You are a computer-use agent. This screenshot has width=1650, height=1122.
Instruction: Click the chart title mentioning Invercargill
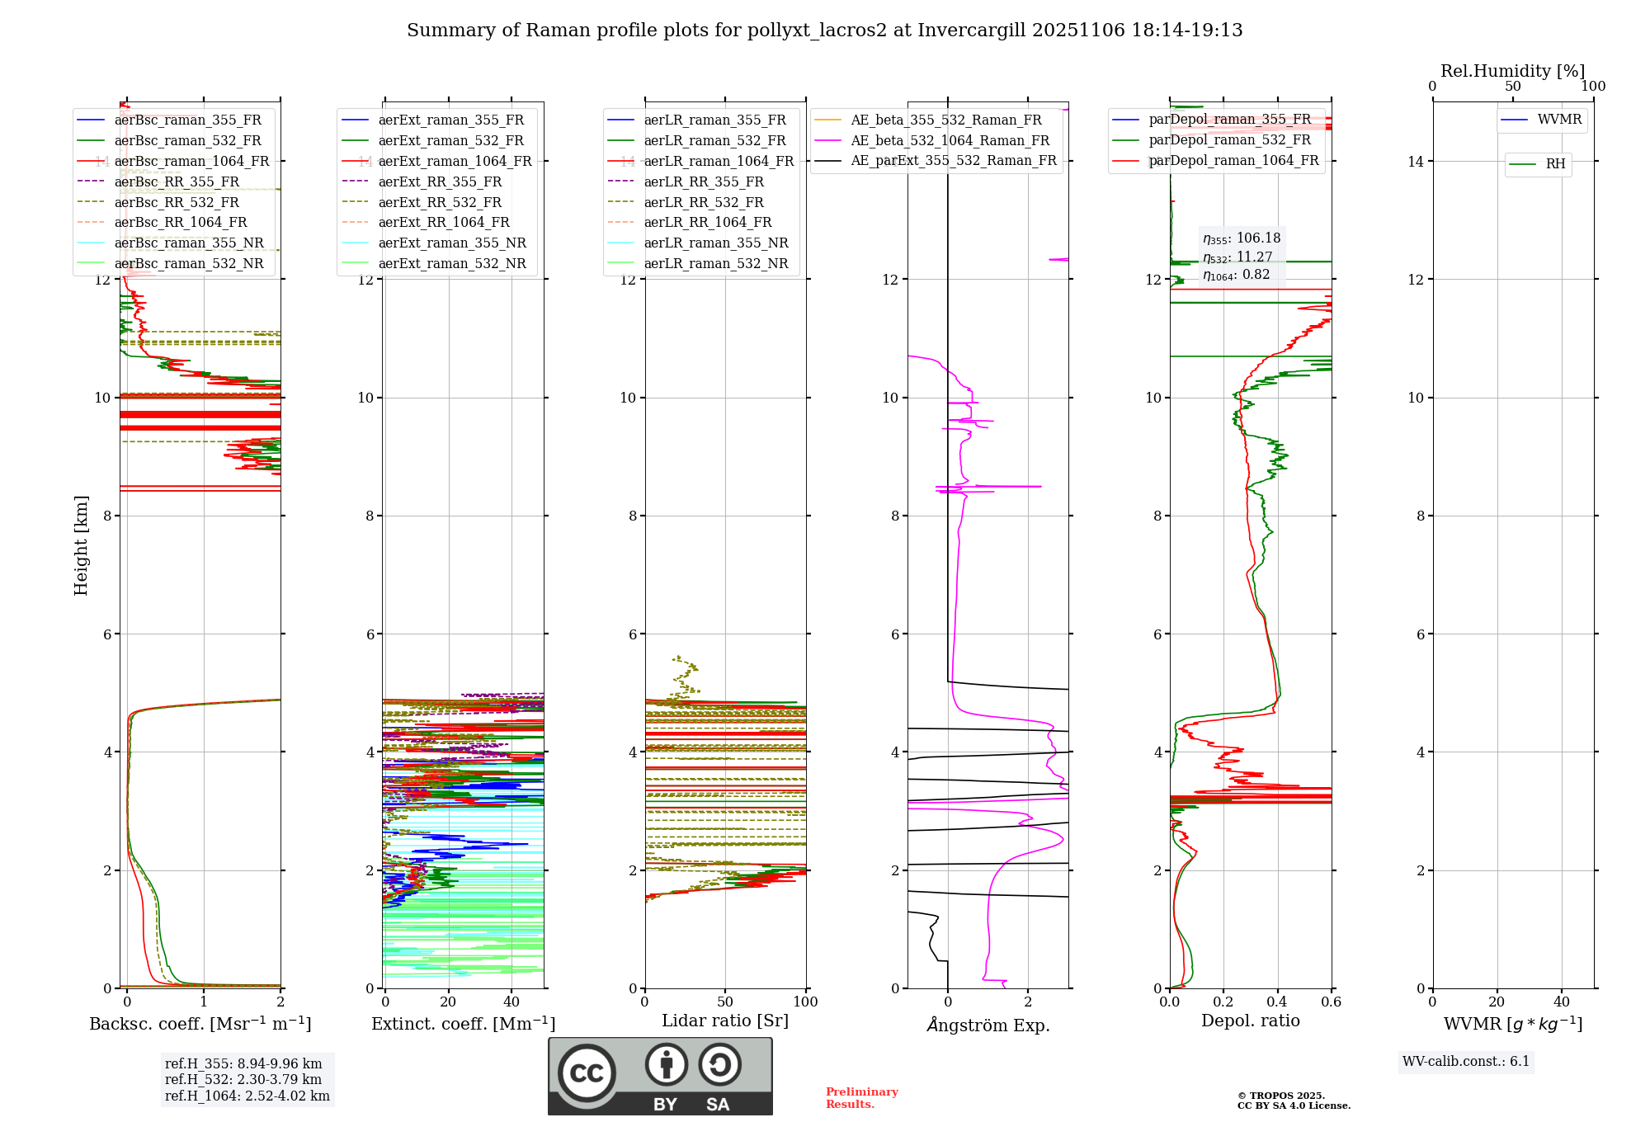[824, 31]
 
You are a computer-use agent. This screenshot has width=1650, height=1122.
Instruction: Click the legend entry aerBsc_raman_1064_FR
[191, 161]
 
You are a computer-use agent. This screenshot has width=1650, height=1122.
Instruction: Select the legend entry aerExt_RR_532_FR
[440, 202]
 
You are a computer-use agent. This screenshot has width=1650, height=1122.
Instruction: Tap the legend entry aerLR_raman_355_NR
[716, 243]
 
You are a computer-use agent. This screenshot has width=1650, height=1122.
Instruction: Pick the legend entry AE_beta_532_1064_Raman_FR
[950, 140]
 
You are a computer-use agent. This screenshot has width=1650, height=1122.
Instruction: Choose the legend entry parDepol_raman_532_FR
[1229, 140]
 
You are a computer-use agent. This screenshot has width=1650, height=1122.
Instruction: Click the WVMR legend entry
[1559, 120]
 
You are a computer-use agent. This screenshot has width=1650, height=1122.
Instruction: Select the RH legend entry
[1555, 164]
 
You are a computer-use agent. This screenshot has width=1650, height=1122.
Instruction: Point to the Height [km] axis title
[81, 544]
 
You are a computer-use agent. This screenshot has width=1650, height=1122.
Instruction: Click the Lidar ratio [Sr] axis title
[725, 1021]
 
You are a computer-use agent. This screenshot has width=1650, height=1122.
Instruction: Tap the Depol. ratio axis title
[1250, 1021]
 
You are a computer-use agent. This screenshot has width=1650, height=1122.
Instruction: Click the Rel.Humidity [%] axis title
[1512, 71]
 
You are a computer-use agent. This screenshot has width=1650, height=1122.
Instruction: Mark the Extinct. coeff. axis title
[463, 1024]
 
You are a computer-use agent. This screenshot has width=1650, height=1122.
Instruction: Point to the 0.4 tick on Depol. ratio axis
[1277, 1002]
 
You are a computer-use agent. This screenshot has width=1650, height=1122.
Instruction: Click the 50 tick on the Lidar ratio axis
[725, 1002]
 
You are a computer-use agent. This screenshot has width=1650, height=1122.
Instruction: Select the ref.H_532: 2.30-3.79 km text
[243, 1079]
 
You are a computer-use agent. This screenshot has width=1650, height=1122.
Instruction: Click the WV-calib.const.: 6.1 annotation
[1466, 1061]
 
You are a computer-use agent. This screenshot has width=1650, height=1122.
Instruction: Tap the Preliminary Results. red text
[861, 1098]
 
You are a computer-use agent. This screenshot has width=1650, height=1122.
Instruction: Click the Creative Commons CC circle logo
[587, 1073]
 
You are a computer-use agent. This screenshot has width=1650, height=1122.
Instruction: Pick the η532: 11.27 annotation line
[1237, 257]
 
